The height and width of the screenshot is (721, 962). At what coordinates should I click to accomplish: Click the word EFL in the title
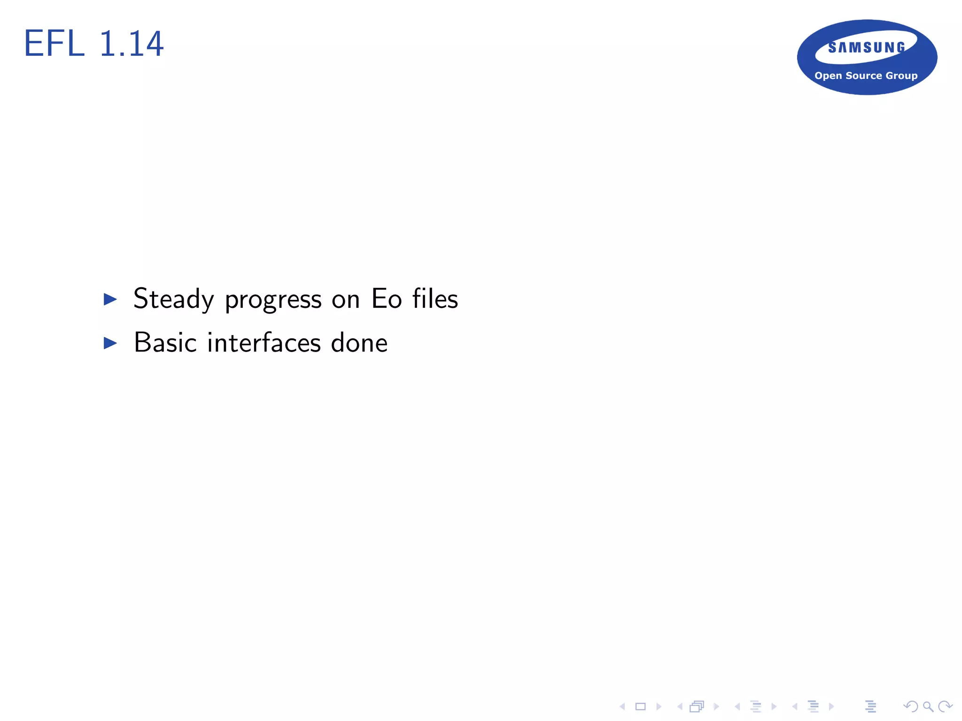point(54,44)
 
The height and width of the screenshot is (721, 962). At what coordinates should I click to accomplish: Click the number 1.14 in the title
point(132,44)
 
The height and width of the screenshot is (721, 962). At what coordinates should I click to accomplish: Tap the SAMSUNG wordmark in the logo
point(867,47)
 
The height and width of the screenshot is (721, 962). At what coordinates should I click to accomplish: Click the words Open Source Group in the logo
point(866,76)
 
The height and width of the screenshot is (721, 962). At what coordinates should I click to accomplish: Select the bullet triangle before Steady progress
point(110,299)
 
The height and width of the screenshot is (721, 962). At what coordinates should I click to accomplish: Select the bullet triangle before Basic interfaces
point(110,343)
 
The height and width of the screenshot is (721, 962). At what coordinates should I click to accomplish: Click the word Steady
point(174,299)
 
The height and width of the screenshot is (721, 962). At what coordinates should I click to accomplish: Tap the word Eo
point(387,299)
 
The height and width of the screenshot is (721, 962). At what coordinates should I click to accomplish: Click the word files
point(435,299)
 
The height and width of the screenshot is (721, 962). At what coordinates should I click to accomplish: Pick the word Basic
point(165,343)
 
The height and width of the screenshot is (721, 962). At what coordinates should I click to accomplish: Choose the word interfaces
point(264,343)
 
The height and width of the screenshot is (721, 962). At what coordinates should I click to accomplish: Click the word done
point(359,343)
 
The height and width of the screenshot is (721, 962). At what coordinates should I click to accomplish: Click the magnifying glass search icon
point(928,706)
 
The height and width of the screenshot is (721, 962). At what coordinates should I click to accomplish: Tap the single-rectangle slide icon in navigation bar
point(641,706)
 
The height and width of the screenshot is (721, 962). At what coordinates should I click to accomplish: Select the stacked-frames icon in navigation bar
point(697,706)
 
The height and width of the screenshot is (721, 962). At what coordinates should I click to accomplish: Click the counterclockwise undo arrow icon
point(910,706)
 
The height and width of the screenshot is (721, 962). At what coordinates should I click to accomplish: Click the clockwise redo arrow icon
point(945,706)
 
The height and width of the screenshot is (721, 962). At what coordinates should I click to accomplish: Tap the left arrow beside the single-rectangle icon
point(622,706)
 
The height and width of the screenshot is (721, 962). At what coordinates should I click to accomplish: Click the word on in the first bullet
point(346,299)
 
